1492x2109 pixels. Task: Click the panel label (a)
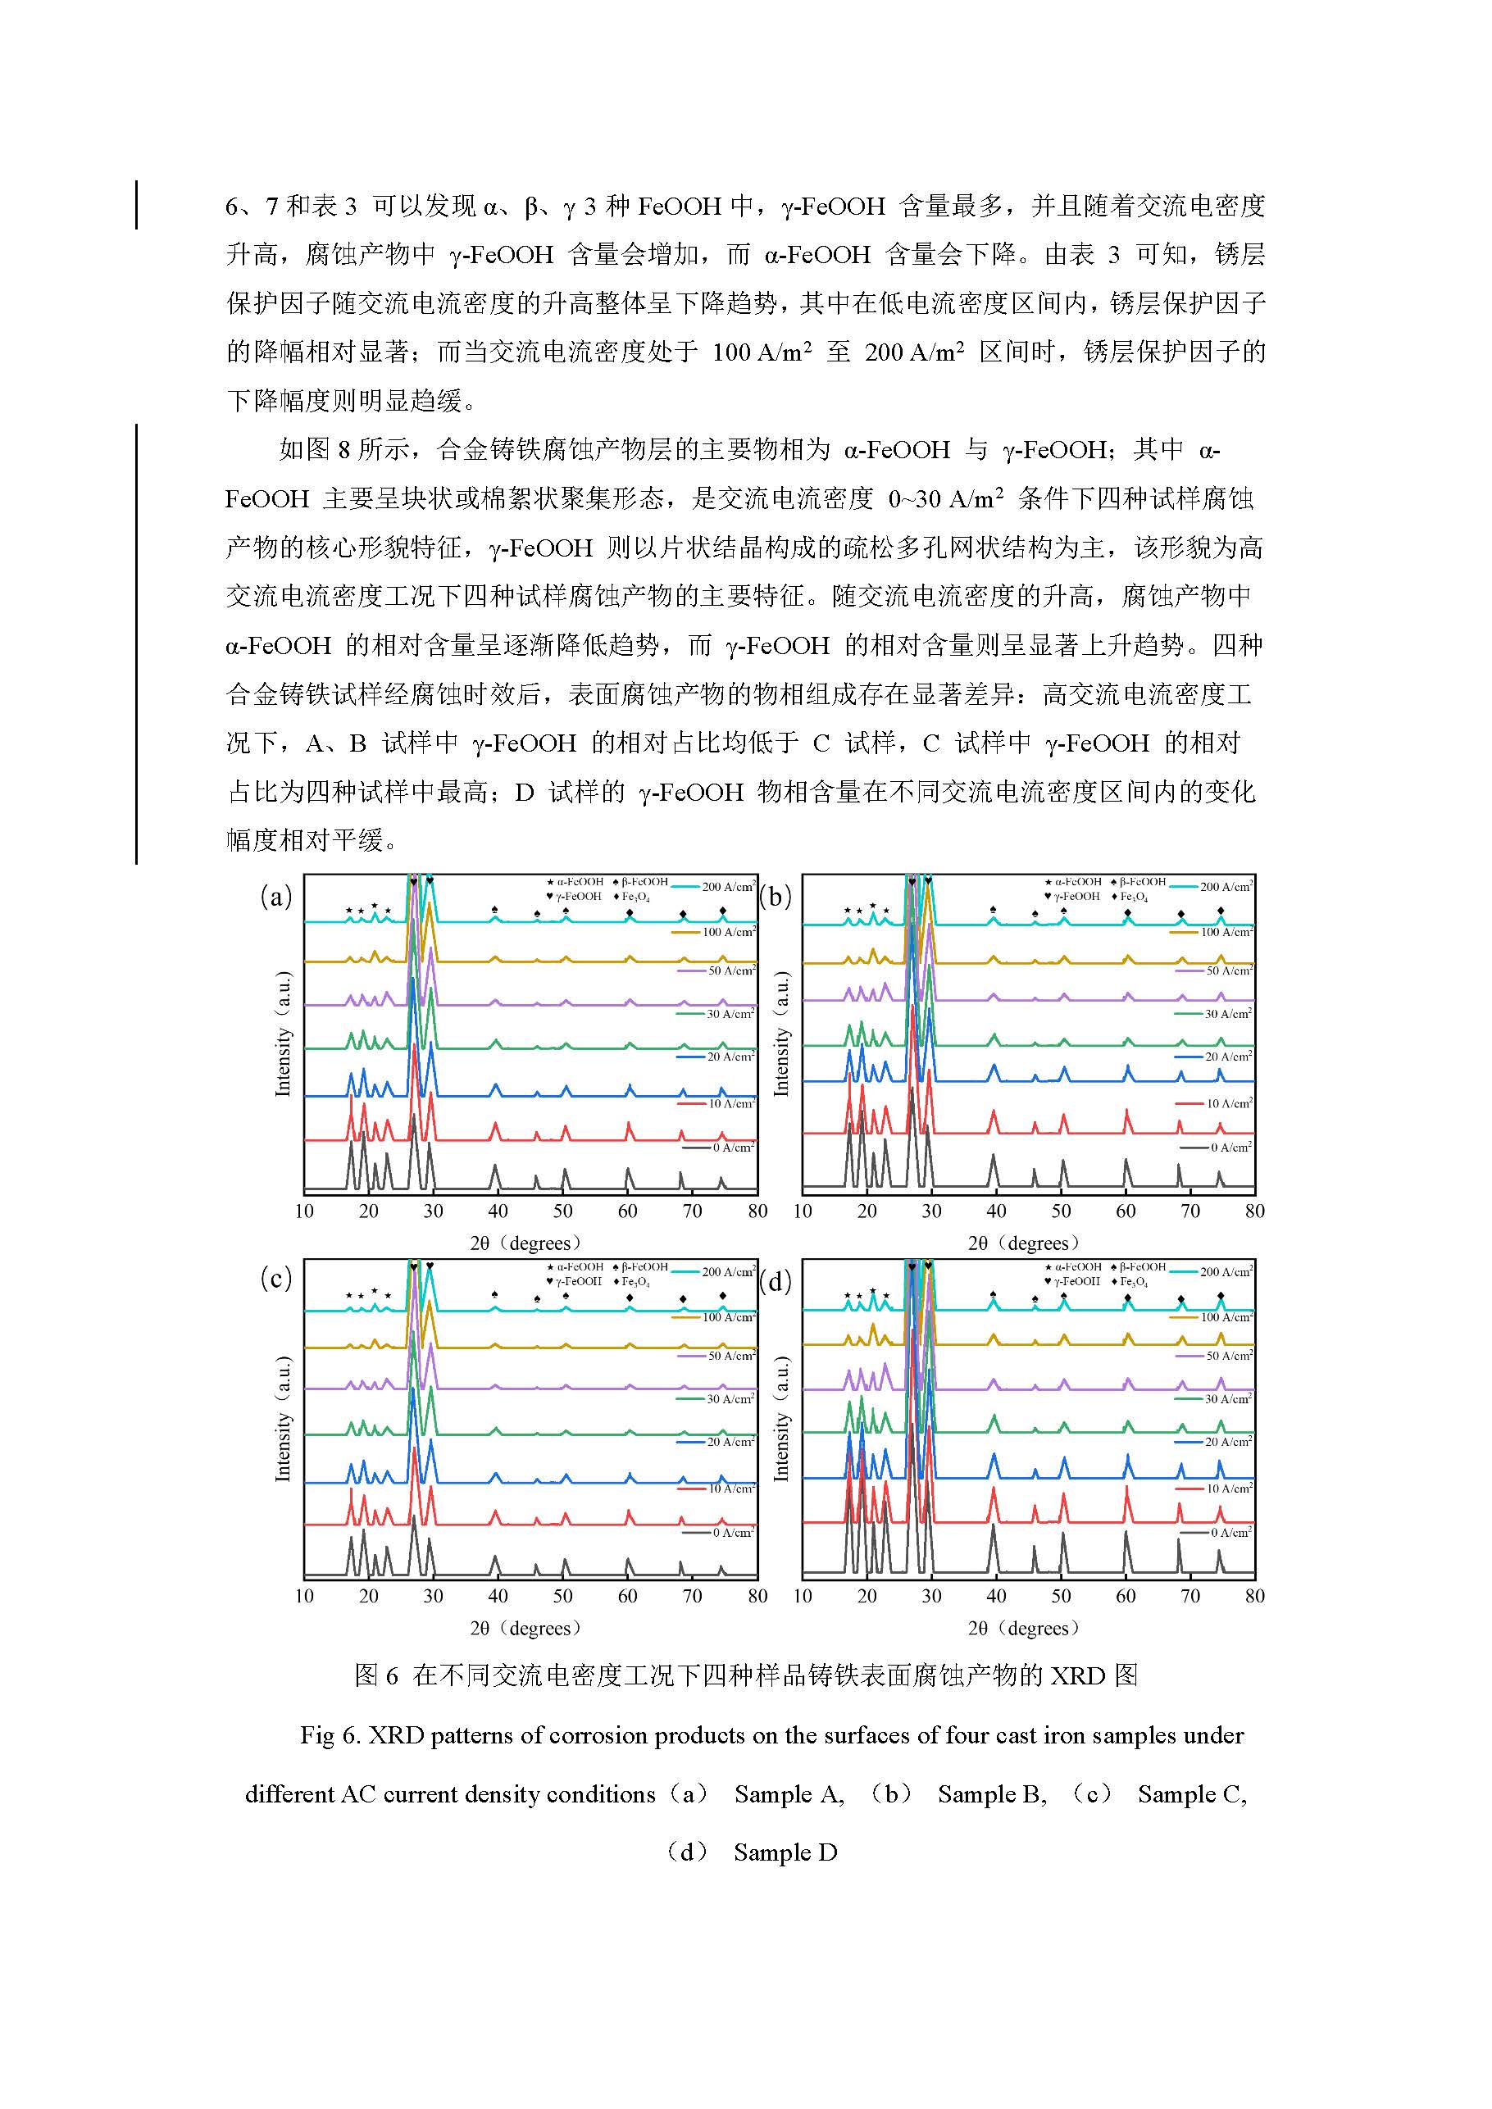[275, 897]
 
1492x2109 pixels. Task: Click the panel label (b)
[776, 897]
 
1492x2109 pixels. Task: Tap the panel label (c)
[275, 1278]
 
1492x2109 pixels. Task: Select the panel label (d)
[776, 1281]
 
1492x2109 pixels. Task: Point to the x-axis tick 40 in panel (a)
[498, 1211]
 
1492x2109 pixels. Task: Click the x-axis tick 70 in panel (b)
[1190, 1211]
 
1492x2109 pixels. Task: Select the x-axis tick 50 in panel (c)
[562, 1596]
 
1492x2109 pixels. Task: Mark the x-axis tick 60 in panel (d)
[1126, 1596]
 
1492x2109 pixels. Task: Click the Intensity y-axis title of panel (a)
[283, 1034]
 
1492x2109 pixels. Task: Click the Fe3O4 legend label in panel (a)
[635, 898]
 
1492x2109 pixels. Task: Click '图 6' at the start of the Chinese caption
[375, 1675]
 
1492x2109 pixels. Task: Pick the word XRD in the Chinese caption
[1078, 1675]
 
